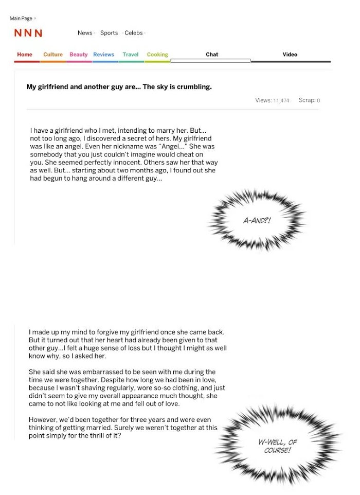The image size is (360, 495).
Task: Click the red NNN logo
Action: pos(28,33)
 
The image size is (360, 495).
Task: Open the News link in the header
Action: pos(85,33)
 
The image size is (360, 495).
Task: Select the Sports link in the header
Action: pos(109,33)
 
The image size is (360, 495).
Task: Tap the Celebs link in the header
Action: pos(134,33)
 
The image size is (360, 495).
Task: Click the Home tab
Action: pos(25,55)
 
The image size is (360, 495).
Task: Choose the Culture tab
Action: pos(53,55)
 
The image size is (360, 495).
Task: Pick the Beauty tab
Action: pos(79,55)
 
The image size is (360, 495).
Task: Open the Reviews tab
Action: pos(104,55)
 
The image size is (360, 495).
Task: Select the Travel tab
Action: pos(131,55)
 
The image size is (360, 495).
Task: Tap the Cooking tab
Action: pos(157,55)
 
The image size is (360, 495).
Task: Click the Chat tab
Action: pos(212,55)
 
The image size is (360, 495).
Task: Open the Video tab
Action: pos(290,55)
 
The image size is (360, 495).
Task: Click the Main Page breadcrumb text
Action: pos(21,19)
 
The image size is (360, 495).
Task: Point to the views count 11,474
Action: pos(281,101)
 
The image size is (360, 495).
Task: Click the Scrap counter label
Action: pos(307,100)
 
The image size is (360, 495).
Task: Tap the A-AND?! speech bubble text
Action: pos(257,221)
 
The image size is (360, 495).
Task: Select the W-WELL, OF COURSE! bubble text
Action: pos(278,446)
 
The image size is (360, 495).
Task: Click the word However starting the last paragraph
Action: pos(44,420)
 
